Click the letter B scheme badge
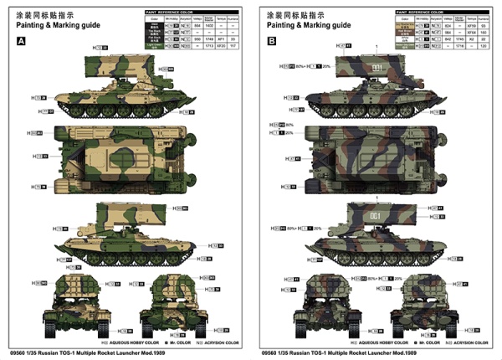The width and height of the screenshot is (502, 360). pos(270,42)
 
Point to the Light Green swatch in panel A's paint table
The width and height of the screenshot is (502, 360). pos(151,45)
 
